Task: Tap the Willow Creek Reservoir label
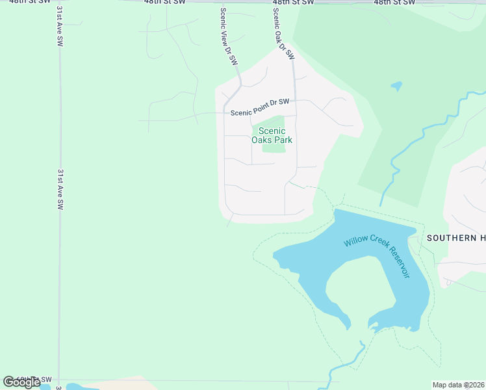377,256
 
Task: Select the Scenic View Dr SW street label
229,36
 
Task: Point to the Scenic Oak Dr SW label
281,31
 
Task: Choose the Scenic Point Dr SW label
260,112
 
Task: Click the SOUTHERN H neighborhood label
455,238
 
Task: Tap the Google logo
21,382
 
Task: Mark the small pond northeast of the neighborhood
396,86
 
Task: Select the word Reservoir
398,265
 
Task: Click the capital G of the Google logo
8,382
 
